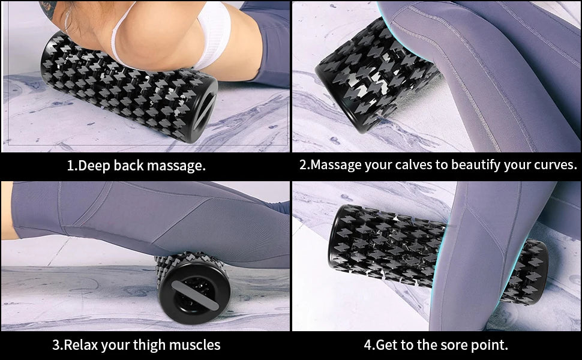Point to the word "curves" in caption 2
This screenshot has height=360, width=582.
click(553, 165)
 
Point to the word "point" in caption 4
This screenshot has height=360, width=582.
click(489, 345)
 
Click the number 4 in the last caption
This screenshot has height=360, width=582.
click(368, 345)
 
